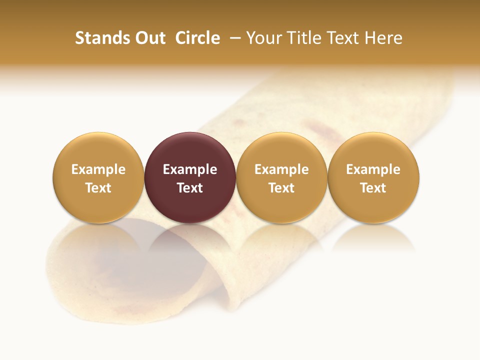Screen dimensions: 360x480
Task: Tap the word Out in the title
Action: pyautogui.click(x=149, y=38)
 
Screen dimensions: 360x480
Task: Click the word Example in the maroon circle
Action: pyautogui.click(x=190, y=169)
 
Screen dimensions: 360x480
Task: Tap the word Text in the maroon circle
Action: pyautogui.click(x=190, y=188)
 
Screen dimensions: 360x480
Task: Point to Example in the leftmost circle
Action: pyautogui.click(x=98, y=169)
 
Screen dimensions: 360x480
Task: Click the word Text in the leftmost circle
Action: pyautogui.click(x=98, y=188)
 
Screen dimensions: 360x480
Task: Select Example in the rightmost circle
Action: pyautogui.click(x=373, y=169)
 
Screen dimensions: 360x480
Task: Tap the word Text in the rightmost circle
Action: pyautogui.click(x=373, y=188)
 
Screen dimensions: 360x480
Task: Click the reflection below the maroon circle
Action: pyautogui.click(x=190, y=237)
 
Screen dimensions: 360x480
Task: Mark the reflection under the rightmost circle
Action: pyautogui.click(x=373, y=237)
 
